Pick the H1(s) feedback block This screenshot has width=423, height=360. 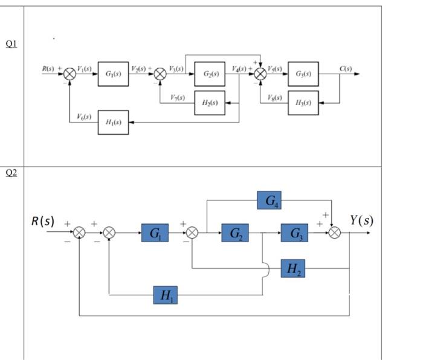[x=113, y=122]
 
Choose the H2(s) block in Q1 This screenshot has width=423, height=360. [x=210, y=103]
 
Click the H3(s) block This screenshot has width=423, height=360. [x=303, y=103]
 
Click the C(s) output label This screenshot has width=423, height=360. [x=346, y=69]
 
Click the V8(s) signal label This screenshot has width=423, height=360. [x=276, y=97]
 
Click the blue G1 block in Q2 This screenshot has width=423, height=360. [x=155, y=233]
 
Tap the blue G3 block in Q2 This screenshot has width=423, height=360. [x=294, y=233]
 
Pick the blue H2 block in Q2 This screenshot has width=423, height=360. [x=293, y=268]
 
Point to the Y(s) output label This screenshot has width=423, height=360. [x=361, y=220]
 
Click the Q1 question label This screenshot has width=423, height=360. [x=11, y=43]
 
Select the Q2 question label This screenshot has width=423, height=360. [x=11, y=173]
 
